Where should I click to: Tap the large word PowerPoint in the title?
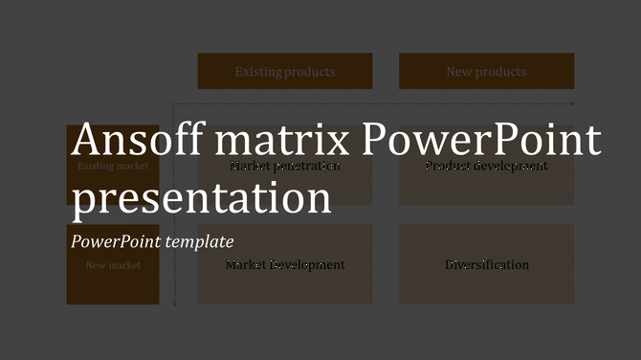tap(483, 142)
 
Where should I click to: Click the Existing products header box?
tap(285, 72)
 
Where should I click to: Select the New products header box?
tap(486, 72)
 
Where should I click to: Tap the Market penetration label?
tap(285, 166)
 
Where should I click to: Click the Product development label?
tap(486, 166)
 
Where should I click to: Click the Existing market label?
tap(113, 167)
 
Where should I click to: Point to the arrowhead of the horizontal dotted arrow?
tap(572, 103)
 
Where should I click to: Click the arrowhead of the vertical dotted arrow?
tap(176, 304)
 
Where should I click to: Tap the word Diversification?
tap(486, 265)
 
